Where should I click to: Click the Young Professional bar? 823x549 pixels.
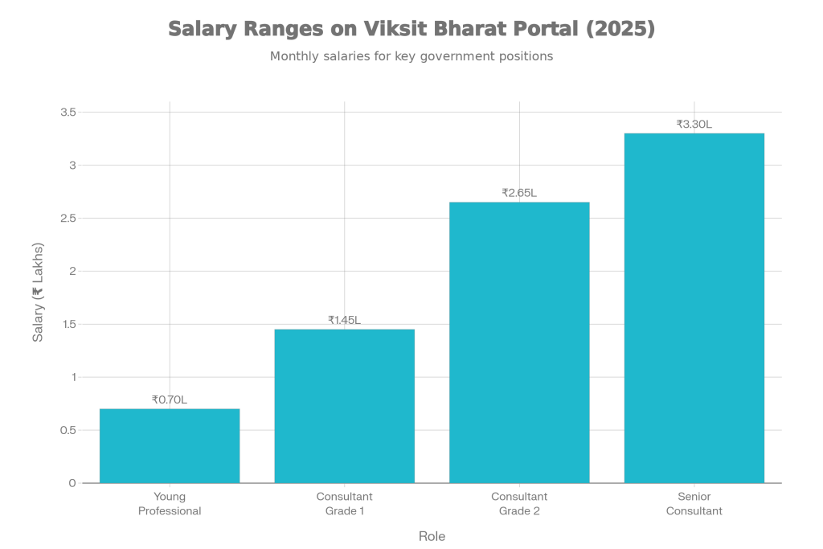coord(170,445)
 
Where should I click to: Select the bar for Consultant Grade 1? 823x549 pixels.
coord(345,406)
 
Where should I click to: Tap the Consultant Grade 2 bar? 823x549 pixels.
coord(519,342)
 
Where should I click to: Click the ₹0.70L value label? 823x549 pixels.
coord(170,399)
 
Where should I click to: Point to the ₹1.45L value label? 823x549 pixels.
coord(344,320)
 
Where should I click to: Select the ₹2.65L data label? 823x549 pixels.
coord(519,193)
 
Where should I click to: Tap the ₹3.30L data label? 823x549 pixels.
coord(694,124)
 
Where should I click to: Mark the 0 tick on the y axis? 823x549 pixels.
coord(72,483)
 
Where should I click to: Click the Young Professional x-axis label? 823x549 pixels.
coord(169,504)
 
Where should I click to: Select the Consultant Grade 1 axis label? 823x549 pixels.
coord(345,504)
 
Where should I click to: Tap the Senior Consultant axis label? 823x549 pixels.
coord(694,504)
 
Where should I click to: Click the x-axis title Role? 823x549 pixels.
coord(432,536)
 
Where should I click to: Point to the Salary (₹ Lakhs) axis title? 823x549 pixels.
coord(38,292)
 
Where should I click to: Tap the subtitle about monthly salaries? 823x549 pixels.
coord(411,57)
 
